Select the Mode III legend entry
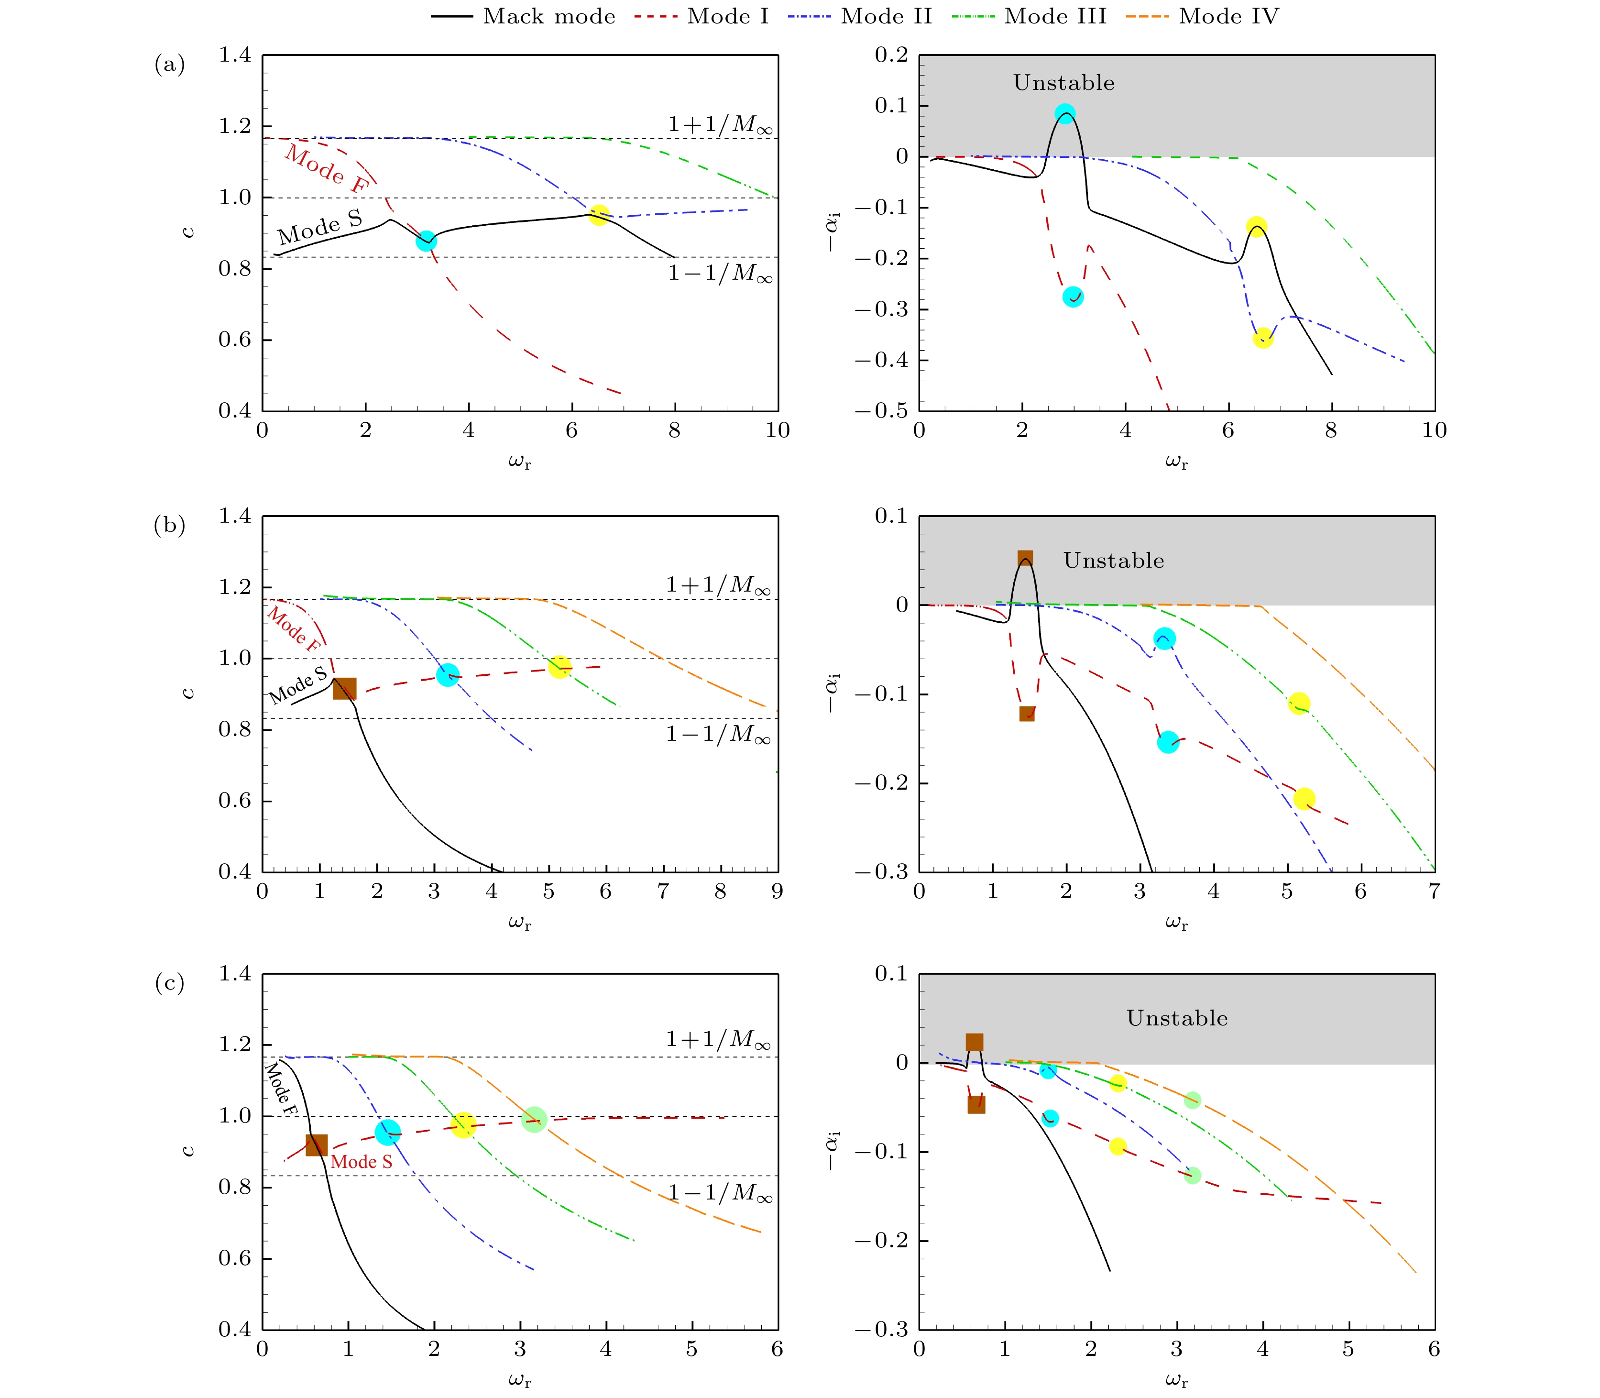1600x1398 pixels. click(1029, 16)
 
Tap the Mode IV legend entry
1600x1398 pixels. click(1203, 16)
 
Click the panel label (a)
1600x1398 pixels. click(169, 64)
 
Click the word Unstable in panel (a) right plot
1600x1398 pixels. click(1063, 83)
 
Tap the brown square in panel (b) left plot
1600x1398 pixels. click(344, 688)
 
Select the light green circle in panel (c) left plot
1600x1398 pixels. click(534, 1120)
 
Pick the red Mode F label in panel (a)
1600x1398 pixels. click(325, 168)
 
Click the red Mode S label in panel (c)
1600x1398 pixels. click(361, 1162)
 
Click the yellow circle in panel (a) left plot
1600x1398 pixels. click(598, 215)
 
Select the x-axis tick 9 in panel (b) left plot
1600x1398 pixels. click(777, 892)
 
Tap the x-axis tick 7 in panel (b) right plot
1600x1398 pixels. click(1434, 892)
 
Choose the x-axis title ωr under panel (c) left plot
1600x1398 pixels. click(520, 1380)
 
